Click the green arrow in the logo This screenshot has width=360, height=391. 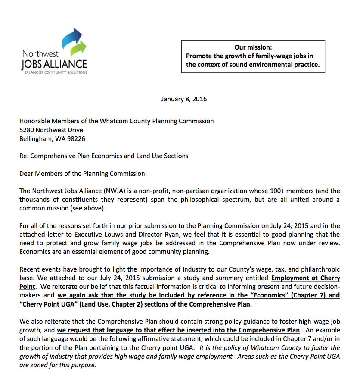coord(79,49)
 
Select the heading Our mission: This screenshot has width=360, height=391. coord(253,47)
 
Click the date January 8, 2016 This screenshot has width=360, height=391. coord(184,99)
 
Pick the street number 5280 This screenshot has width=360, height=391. coord(27,130)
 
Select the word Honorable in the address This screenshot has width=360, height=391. coord(35,122)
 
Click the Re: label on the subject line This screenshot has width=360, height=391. coord(24,156)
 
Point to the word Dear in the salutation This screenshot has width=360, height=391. coord(27,174)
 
